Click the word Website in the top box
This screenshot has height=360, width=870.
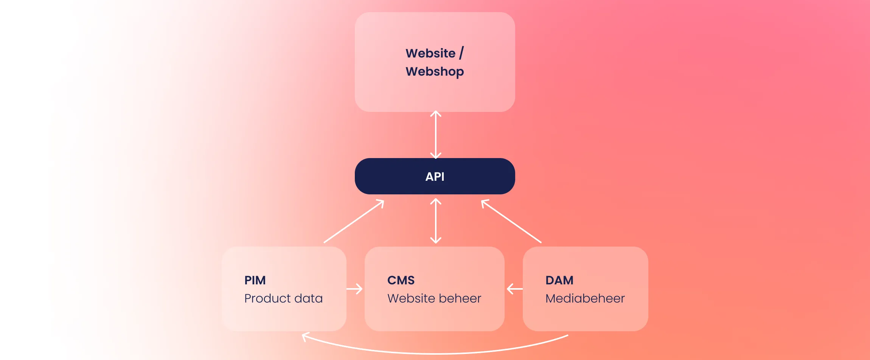tap(430, 53)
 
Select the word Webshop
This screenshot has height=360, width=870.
tap(435, 71)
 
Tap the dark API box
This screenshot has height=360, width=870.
tap(435, 176)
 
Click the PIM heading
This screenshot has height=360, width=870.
tap(255, 280)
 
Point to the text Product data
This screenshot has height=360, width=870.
tap(283, 298)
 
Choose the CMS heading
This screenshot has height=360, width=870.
tap(401, 280)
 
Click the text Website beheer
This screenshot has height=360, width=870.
tap(434, 298)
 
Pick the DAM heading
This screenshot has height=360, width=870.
tap(559, 280)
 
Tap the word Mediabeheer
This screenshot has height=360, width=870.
tap(585, 298)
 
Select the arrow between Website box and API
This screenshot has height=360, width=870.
tap(436, 135)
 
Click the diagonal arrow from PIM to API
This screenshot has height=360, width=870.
tap(354, 221)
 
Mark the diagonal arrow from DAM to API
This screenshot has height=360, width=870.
tap(511, 221)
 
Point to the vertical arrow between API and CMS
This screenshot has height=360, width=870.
tap(436, 221)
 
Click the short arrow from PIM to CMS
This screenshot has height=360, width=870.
tap(354, 289)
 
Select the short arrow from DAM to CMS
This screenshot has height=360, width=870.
tap(514, 289)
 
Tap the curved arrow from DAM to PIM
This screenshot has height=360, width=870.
tap(435, 353)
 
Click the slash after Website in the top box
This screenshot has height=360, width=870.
tap(461, 53)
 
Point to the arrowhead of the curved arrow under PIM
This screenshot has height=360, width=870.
tap(304, 336)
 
